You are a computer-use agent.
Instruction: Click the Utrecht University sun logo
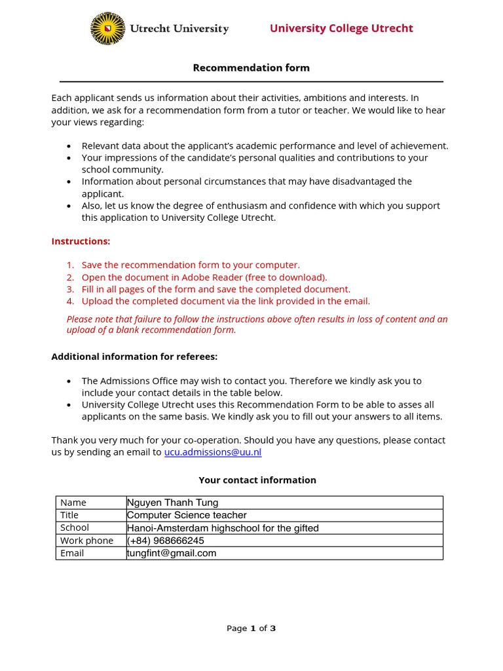[107, 29]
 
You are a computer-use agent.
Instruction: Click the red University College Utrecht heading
[341, 28]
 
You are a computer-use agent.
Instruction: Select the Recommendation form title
[251, 67]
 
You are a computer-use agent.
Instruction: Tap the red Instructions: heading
[81, 241]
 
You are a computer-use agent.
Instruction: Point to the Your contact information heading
[257, 480]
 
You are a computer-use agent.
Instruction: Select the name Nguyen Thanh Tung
[173, 503]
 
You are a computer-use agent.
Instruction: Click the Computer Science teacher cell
[187, 515]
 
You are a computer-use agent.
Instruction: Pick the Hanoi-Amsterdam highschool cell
[223, 528]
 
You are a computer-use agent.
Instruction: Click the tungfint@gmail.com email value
[172, 553]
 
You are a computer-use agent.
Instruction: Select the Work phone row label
[86, 541]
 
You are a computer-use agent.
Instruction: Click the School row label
[75, 527]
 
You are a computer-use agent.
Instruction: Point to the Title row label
[69, 515]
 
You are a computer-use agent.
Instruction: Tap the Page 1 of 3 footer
[251, 628]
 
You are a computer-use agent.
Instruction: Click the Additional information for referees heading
[134, 356]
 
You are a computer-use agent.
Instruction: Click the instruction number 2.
[70, 277]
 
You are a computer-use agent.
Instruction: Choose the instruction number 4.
[70, 301]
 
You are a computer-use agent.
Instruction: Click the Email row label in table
[72, 553]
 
